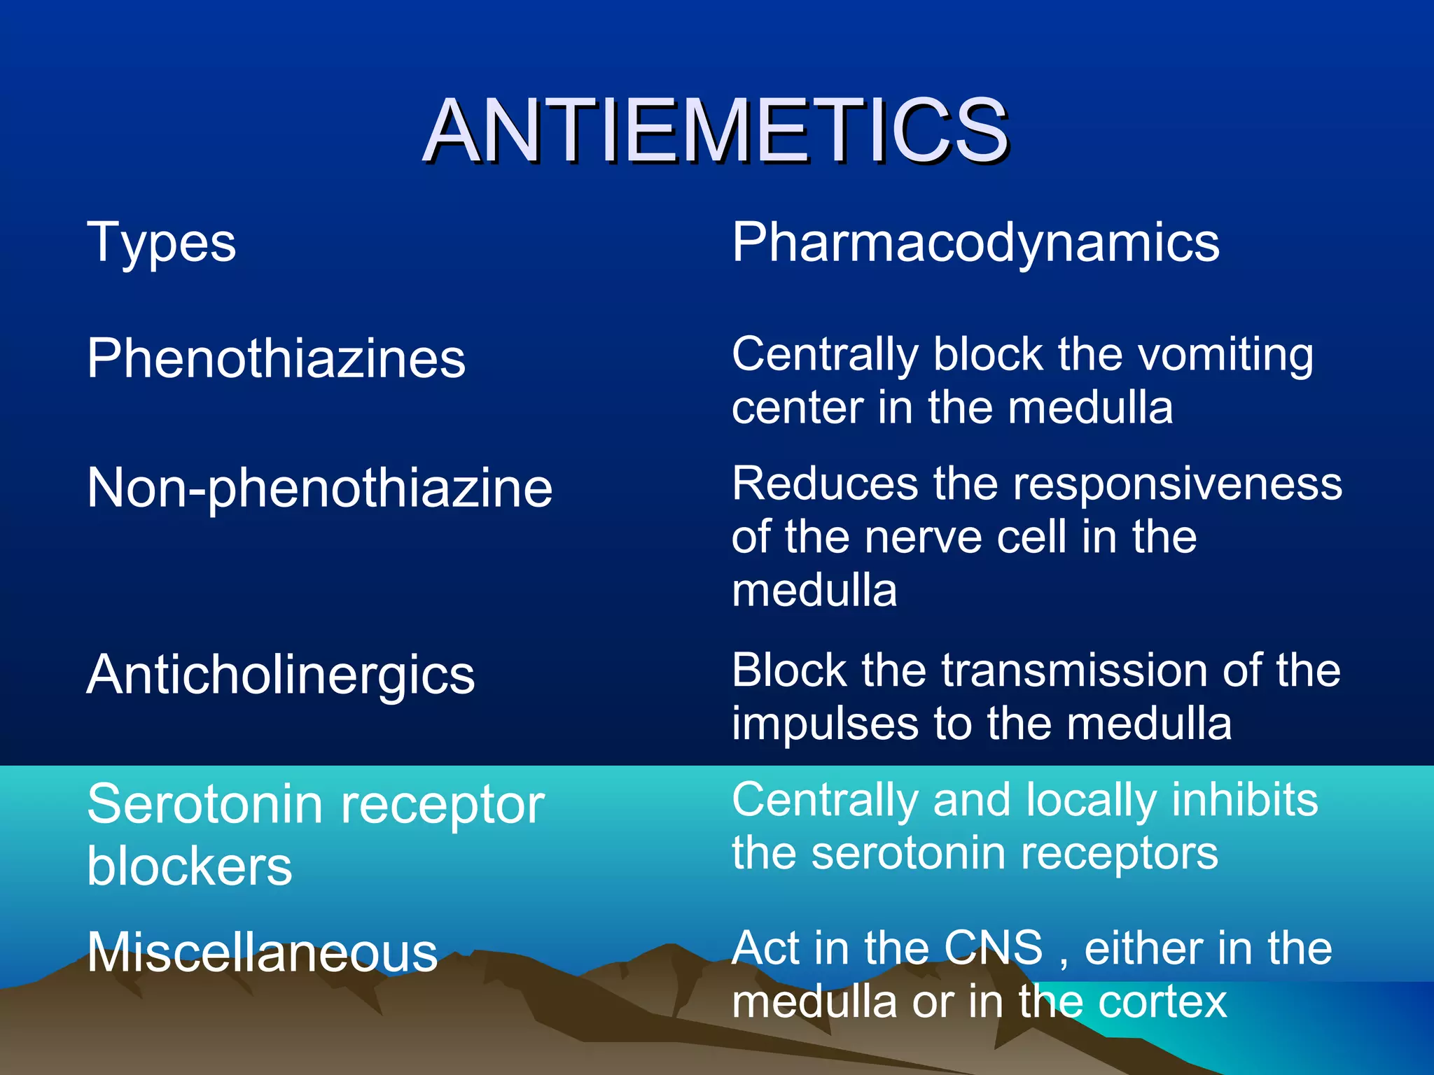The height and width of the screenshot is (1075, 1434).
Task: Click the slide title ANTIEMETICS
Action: tap(716, 131)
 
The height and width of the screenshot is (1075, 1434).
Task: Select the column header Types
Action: tap(161, 243)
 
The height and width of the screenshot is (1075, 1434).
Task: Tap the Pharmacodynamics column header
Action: tap(975, 243)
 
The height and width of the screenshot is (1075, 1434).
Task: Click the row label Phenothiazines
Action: tap(276, 358)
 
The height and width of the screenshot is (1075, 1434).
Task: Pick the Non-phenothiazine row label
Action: tap(319, 488)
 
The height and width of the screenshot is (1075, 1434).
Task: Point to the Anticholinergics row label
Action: tap(281, 675)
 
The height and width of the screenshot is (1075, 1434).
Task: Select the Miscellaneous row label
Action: tap(262, 953)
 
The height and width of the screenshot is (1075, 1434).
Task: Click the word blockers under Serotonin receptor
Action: tap(189, 866)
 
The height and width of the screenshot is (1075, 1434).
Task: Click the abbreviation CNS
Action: tap(993, 948)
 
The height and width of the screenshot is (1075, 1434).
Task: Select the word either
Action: tap(1141, 948)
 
